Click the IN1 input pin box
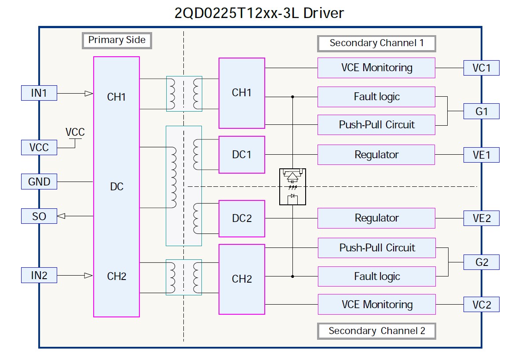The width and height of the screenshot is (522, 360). [x=39, y=93]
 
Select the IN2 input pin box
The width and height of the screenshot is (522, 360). [x=39, y=276]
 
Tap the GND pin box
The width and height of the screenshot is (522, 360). [x=39, y=181]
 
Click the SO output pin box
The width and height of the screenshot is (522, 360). [x=39, y=216]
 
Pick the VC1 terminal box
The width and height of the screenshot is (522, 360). [x=481, y=68]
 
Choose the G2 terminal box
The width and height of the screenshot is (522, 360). [x=481, y=262]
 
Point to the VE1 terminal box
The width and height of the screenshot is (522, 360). [x=481, y=155]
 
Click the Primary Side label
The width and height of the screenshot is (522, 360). [x=117, y=40]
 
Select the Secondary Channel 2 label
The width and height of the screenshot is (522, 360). [x=376, y=331]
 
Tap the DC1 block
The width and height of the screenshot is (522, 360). [x=241, y=155]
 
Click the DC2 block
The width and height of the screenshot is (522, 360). [x=241, y=218]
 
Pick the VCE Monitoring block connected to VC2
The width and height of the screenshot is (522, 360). [x=376, y=304]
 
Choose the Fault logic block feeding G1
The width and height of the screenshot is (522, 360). [x=376, y=97]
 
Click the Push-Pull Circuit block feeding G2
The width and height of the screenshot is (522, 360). [x=376, y=248]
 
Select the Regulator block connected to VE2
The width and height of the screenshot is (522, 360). [x=376, y=218]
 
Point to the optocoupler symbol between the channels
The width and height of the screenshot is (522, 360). [x=292, y=187]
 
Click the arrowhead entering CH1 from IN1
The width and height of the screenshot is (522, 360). [x=88, y=93]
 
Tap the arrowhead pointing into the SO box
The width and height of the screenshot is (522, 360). [x=62, y=216]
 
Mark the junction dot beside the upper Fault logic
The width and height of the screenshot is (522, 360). [x=292, y=97]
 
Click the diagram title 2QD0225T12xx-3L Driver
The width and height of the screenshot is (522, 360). [x=259, y=13]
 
